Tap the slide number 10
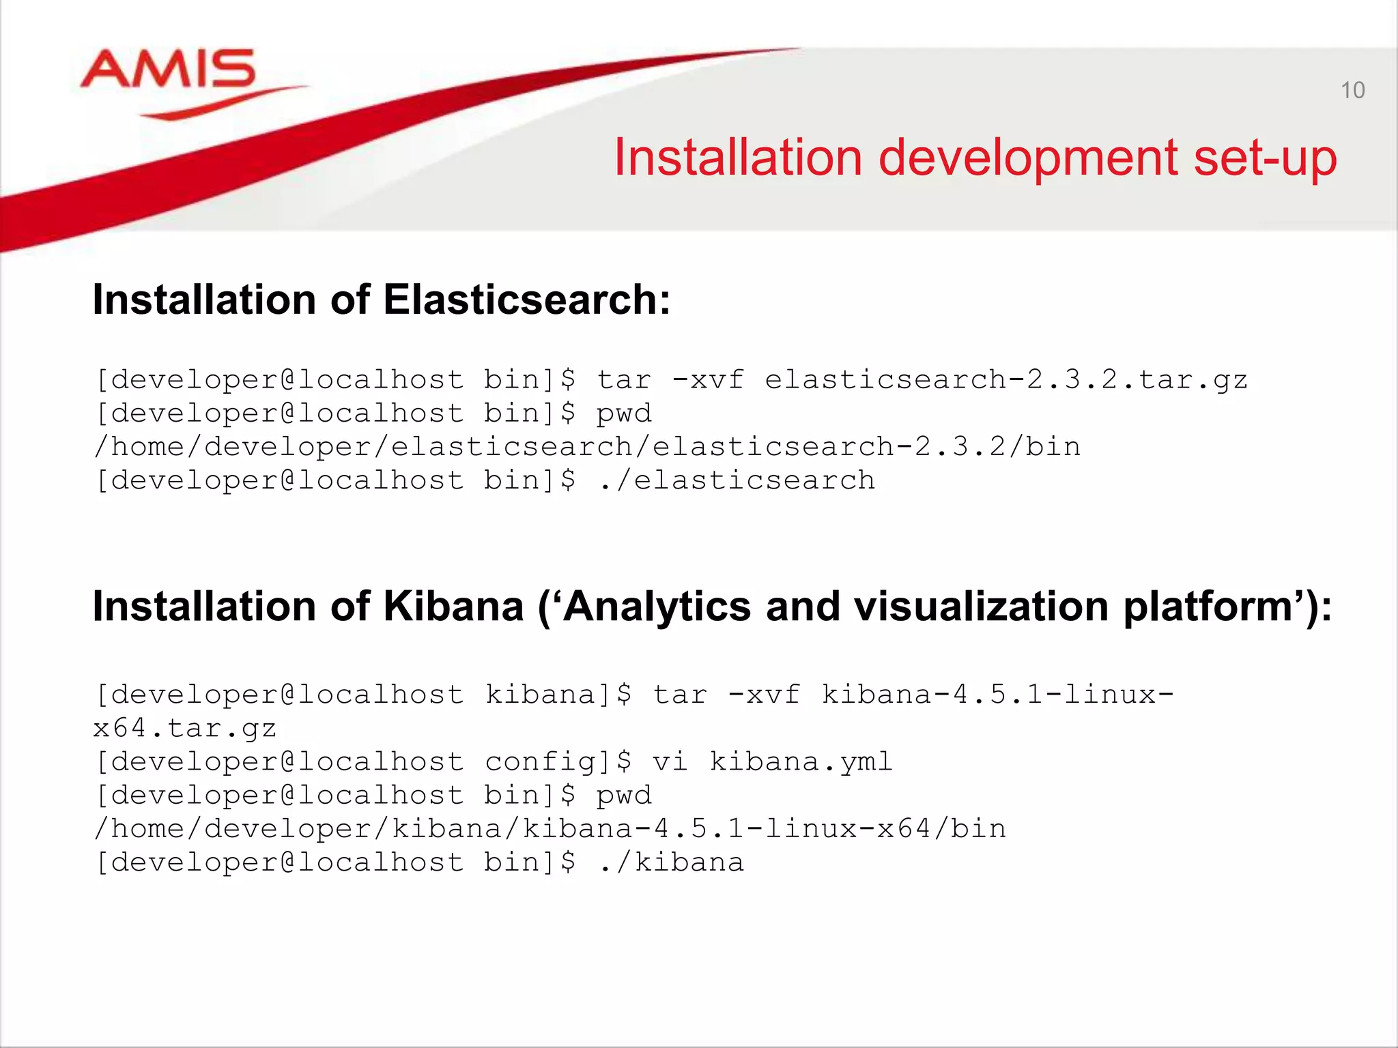coord(1352,90)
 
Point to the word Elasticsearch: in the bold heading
coord(526,300)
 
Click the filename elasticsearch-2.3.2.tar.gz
coord(1005,379)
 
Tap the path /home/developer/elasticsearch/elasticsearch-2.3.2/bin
coord(587,447)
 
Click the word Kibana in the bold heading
coord(453,606)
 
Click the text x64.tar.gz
coord(184,729)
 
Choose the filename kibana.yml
coord(801,762)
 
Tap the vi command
coord(669,762)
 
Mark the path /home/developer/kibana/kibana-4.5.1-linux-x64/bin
coord(550,829)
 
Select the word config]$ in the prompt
coord(558,762)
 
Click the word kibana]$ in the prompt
coord(558,695)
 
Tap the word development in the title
coord(1029,159)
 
